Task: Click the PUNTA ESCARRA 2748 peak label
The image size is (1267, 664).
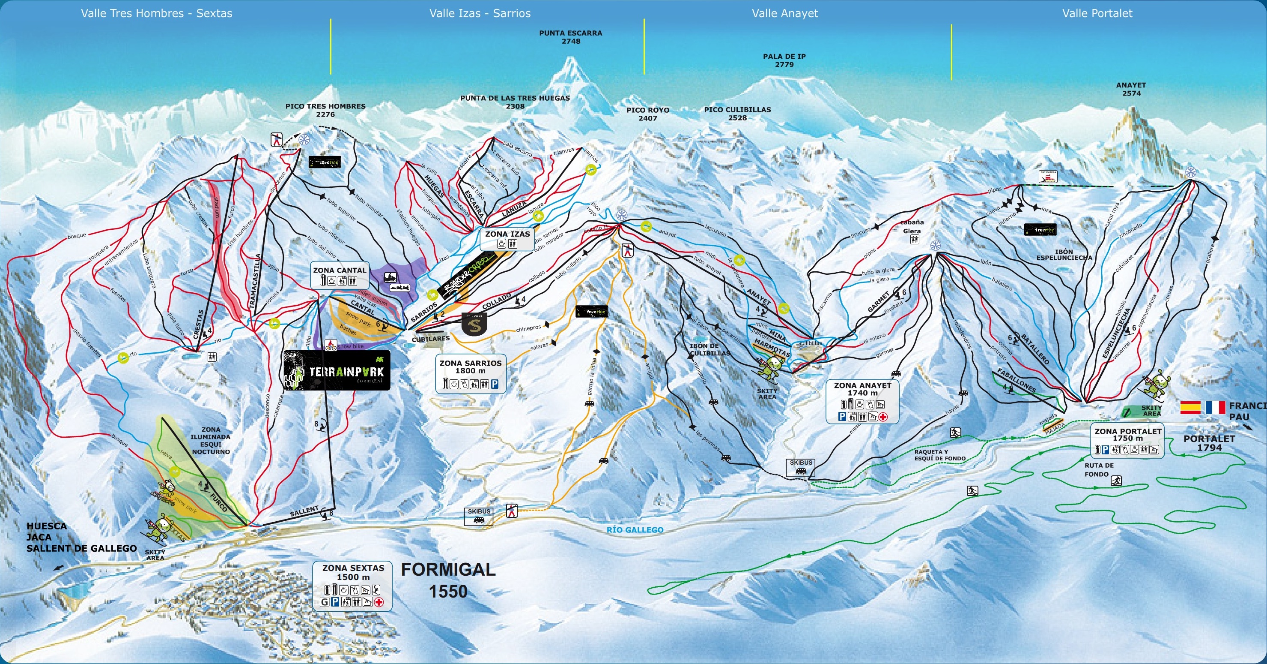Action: (570, 37)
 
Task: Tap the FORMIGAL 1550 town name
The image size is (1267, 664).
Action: (448, 580)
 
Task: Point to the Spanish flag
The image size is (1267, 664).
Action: (1190, 408)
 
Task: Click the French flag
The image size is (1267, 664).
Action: (1215, 408)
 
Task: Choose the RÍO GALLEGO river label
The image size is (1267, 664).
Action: (635, 530)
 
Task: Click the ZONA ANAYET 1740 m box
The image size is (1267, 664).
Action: (862, 401)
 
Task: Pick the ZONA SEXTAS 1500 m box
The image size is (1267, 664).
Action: (353, 585)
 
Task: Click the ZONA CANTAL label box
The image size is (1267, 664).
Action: (340, 275)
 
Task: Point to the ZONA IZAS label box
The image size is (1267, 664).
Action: (507, 239)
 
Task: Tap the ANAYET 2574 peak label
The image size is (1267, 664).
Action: (1131, 89)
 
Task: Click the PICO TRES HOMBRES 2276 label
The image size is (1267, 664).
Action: (325, 110)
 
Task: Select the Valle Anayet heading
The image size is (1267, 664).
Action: (784, 13)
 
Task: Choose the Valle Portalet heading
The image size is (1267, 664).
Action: (1097, 13)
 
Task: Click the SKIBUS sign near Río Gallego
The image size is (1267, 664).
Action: (479, 516)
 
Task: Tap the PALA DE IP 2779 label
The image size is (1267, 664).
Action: (784, 60)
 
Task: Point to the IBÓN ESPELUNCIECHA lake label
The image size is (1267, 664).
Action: (1064, 255)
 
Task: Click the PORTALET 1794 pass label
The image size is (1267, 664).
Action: (1209, 442)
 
